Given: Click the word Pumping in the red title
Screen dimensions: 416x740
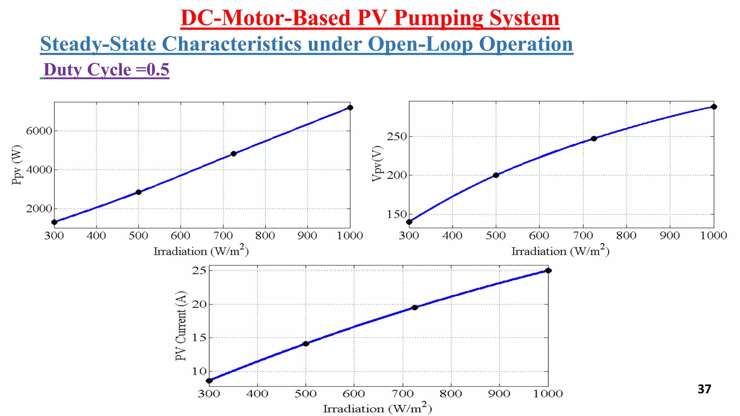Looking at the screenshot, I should (x=438, y=18).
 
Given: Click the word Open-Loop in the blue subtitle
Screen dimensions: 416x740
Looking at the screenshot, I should (x=420, y=44).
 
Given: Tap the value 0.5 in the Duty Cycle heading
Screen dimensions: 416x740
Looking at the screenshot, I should (x=158, y=70).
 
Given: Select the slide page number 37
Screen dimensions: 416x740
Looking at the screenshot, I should (x=704, y=389).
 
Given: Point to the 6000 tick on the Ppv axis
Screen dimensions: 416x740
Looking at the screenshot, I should (x=39, y=131).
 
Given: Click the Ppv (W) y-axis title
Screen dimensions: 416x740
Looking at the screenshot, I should (x=17, y=165).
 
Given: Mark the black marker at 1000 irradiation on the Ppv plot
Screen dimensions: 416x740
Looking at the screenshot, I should (x=350, y=108).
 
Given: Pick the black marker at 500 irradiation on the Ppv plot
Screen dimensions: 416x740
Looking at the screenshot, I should (x=138, y=192).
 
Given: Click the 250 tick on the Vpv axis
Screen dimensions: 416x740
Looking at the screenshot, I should (x=397, y=136).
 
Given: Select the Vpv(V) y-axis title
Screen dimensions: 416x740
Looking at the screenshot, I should (x=377, y=164).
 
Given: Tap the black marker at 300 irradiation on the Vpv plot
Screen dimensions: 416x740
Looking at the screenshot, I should (x=409, y=222).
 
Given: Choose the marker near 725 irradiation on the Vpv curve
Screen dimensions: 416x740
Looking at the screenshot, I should (x=594, y=139).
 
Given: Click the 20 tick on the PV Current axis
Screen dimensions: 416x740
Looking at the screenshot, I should (x=199, y=304).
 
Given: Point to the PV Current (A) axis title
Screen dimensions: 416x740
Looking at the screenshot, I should (x=181, y=326).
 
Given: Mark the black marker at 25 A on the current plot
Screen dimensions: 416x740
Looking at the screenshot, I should (x=548, y=270).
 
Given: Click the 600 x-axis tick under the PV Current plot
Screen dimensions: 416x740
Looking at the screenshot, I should (x=354, y=393).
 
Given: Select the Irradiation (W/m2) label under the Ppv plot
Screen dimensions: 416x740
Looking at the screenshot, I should (x=201, y=251).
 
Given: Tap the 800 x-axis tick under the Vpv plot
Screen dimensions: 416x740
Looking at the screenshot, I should (x=626, y=235).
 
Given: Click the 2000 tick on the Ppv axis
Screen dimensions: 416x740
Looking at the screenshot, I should (x=39, y=209).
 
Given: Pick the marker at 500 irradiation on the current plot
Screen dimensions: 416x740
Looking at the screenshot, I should (x=306, y=344).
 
